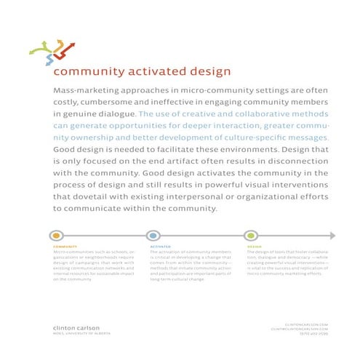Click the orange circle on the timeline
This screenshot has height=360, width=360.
[x=57, y=236]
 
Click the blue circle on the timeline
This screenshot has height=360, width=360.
[x=153, y=236]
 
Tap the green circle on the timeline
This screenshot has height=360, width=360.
[x=251, y=236]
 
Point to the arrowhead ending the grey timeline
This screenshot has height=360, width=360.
[x=332, y=236]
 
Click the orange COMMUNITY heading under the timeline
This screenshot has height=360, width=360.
[x=64, y=247]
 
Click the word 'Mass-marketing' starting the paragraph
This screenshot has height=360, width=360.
[x=82, y=89]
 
